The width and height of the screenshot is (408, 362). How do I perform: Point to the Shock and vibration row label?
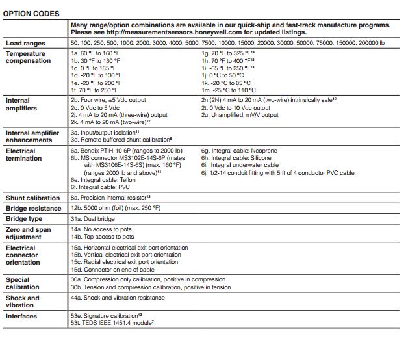(x=23, y=302)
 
